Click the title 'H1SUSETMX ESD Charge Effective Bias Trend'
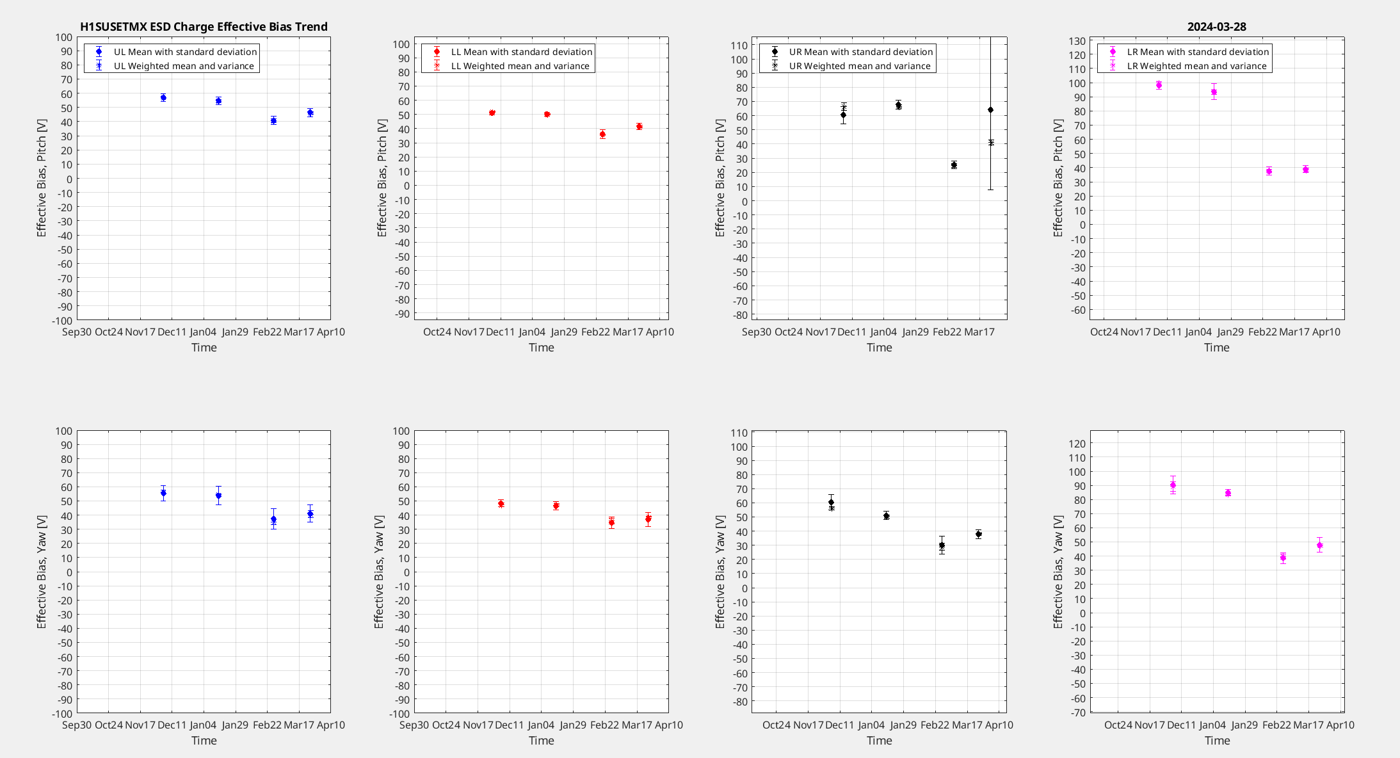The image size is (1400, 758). [204, 27]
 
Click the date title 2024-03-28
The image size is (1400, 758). [1216, 27]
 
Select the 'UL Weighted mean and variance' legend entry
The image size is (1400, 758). [184, 66]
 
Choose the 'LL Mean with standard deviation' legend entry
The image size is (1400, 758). [521, 52]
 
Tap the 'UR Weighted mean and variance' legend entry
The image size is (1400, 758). [859, 66]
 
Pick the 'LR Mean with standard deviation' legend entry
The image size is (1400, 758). [1197, 52]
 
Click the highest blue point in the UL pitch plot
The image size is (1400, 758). [163, 98]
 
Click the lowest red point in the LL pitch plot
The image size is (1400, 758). [602, 134]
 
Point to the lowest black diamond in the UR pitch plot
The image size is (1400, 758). [954, 165]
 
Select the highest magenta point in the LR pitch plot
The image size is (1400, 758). [1159, 85]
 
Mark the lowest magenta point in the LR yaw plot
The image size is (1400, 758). [1283, 558]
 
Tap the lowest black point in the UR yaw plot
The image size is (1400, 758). [942, 545]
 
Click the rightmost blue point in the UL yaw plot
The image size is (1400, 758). [310, 513]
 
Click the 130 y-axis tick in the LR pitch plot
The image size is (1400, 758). [1077, 41]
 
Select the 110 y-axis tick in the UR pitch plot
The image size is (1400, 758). [739, 45]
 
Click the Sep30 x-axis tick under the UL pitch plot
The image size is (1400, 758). [77, 332]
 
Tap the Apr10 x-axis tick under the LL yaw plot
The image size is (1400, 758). [668, 725]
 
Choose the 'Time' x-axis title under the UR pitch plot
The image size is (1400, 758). [879, 348]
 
